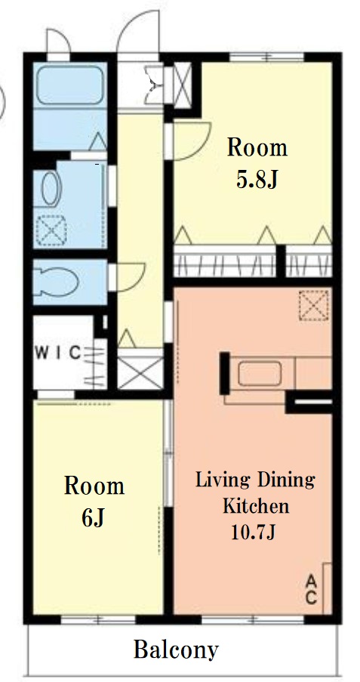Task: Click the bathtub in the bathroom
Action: click(x=70, y=85)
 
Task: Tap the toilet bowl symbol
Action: click(x=56, y=282)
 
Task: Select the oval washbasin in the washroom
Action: click(x=51, y=189)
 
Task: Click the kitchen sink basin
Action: click(x=259, y=374)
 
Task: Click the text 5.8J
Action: click(x=257, y=180)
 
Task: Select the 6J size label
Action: click(x=94, y=517)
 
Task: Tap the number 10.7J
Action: click(x=253, y=532)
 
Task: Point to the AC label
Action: click(x=310, y=589)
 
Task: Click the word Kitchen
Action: click(x=256, y=506)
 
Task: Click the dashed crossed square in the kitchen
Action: click(x=313, y=305)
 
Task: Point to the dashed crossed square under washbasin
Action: click(x=51, y=230)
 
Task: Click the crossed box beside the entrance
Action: click(x=182, y=85)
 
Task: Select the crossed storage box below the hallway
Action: click(x=140, y=373)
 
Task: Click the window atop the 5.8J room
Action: click(x=266, y=57)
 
